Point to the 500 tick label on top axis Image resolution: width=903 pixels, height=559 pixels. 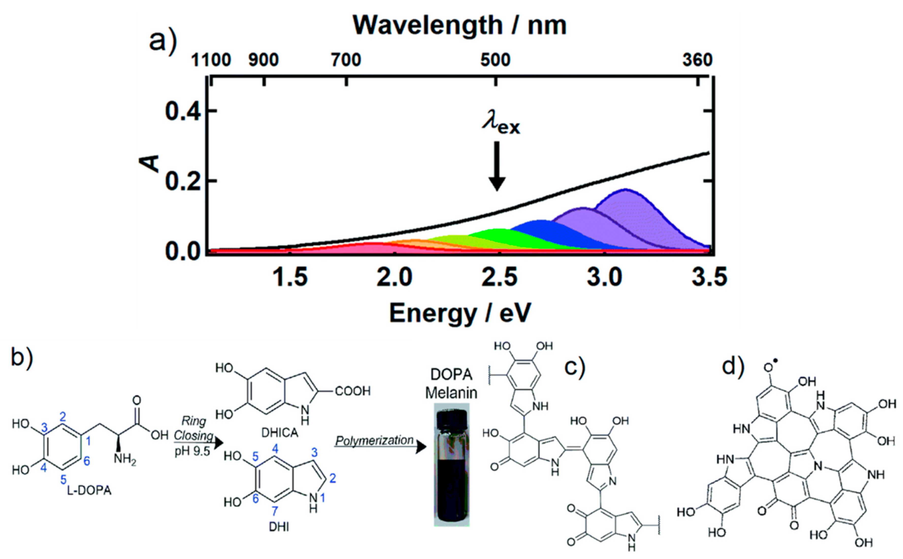pos(495,60)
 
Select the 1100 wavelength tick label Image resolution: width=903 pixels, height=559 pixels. pos(211,60)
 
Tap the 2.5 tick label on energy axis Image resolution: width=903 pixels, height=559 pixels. pos(499,277)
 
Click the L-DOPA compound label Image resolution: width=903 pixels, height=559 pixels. pos(89,491)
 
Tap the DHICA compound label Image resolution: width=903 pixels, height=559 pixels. pos(280,432)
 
